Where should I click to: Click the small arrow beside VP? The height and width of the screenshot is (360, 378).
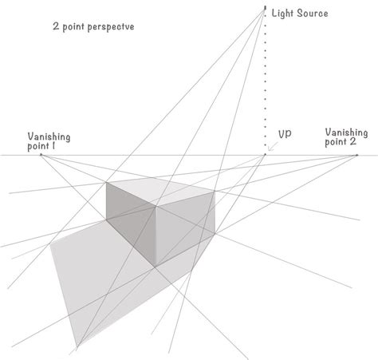(274, 145)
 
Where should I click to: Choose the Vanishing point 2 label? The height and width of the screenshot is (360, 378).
(346, 136)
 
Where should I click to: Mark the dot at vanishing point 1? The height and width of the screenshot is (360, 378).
(41, 155)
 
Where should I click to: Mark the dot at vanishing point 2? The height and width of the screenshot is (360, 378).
(356, 155)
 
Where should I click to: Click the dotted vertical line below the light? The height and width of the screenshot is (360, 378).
(266, 80)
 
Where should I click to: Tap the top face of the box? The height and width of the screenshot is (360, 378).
(160, 192)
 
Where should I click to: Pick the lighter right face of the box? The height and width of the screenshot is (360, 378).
(184, 232)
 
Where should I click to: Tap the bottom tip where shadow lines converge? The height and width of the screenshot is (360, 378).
(77, 348)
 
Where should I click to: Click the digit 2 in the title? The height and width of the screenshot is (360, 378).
(51, 26)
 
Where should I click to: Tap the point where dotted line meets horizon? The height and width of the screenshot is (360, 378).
(266, 155)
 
